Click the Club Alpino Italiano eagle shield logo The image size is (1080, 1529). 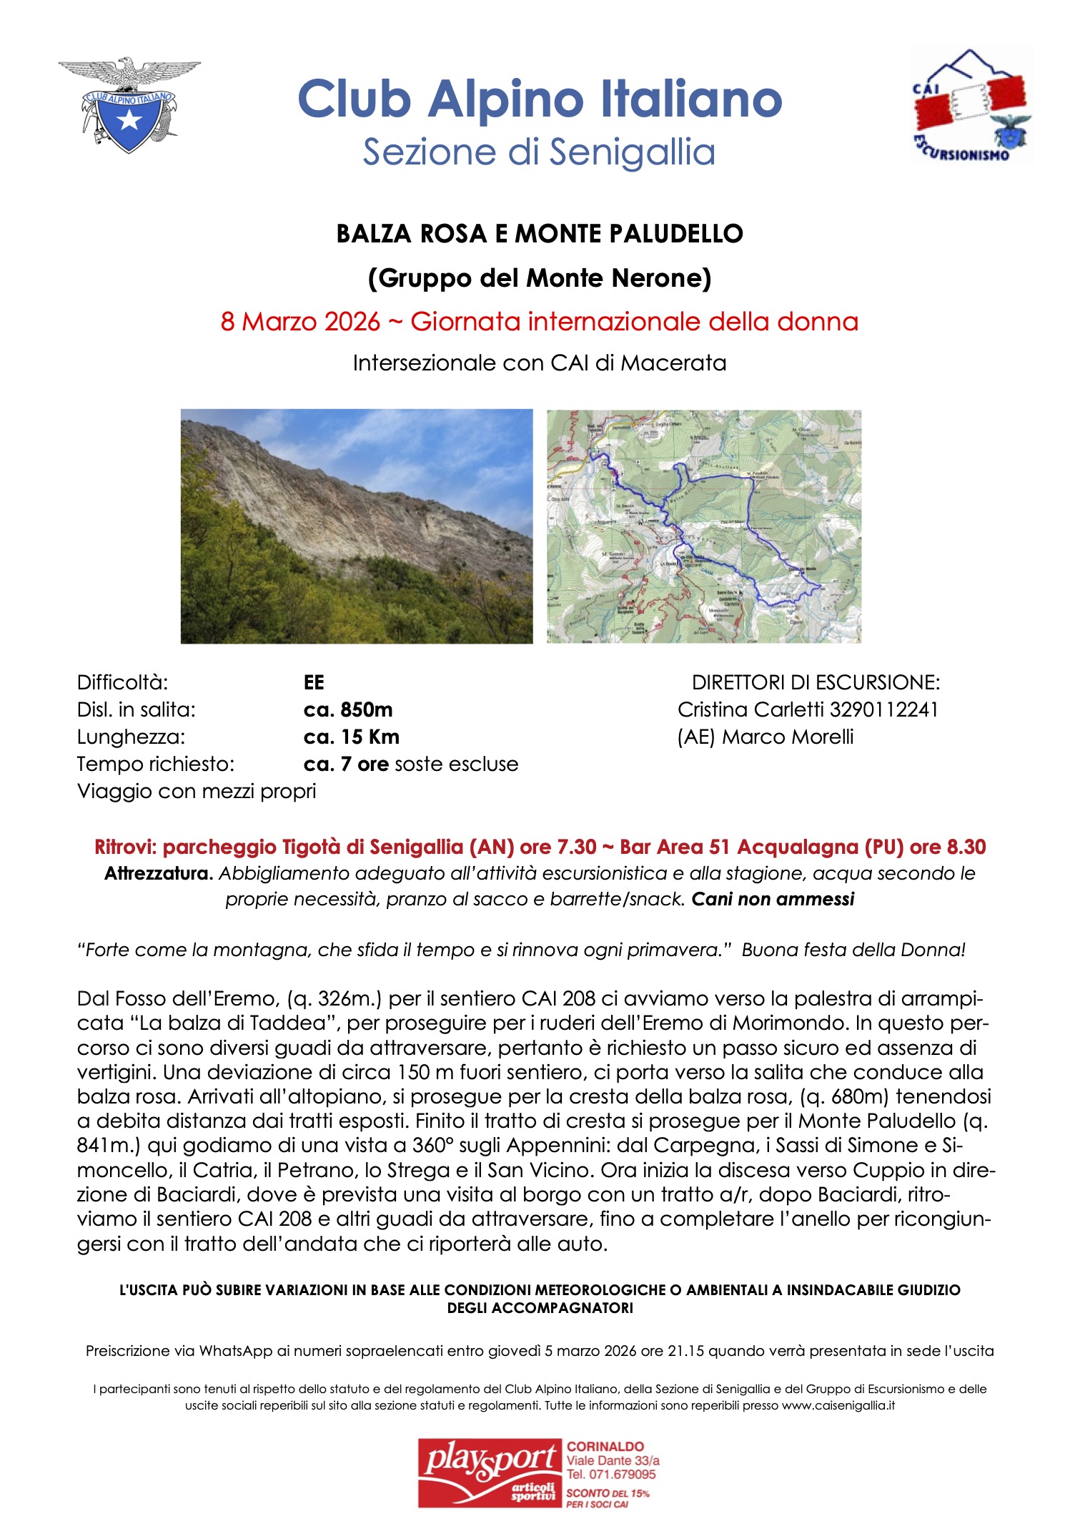(129, 104)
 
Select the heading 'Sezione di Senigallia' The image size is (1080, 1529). (539, 152)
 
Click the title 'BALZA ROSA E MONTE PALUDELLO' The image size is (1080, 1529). (540, 234)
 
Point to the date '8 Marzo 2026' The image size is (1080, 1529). (300, 322)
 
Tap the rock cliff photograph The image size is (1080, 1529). (357, 526)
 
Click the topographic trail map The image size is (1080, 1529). (703, 526)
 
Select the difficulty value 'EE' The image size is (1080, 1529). (314, 682)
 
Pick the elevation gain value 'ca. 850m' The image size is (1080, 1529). (348, 709)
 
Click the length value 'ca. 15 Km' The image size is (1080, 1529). (352, 737)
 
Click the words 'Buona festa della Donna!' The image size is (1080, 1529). (853, 950)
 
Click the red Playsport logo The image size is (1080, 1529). (491, 1473)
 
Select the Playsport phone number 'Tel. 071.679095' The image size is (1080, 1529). (611, 1475)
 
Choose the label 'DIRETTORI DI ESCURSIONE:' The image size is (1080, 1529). (816, 682)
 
